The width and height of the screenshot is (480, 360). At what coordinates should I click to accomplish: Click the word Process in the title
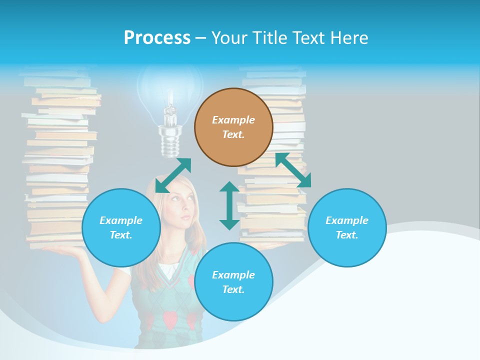(157, 37)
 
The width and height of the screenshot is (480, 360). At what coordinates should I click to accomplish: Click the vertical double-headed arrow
(229, 205)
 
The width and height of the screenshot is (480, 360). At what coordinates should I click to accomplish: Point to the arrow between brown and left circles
(173, 175)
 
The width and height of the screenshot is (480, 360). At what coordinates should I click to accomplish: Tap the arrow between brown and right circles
(293, 170)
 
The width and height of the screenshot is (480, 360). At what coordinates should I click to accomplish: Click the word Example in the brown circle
(233, 120)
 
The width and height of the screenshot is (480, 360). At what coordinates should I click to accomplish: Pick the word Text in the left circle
(121, 235)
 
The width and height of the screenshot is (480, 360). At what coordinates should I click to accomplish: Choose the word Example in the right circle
(347, 220)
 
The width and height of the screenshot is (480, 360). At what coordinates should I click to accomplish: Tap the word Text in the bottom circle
(233, 289)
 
